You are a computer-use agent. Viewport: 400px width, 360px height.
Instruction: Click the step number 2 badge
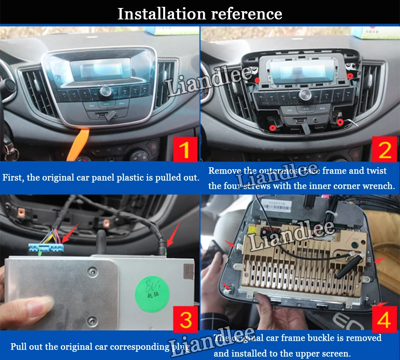coord(384,149)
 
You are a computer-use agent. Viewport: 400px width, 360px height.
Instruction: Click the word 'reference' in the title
coord(246,14)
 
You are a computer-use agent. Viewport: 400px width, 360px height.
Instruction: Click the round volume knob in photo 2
coord(305,95)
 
